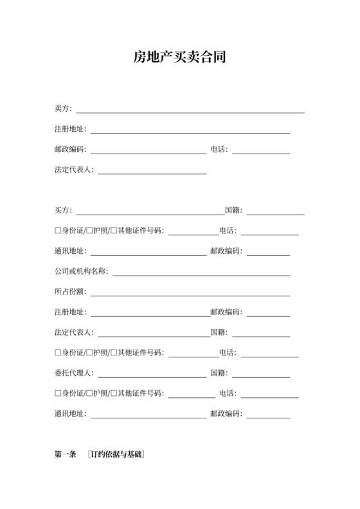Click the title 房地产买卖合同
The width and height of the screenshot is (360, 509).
(x=179, y=58)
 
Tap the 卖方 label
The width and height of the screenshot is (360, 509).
(x=63, y=109)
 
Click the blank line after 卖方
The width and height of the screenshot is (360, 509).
(x=190, y=112)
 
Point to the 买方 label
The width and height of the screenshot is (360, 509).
(x=63, y=210)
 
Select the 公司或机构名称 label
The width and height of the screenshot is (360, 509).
(x=81, y=271)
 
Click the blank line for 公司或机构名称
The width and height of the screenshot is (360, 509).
(x=201, y=275)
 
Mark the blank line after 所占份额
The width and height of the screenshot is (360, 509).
(x=190, y=296)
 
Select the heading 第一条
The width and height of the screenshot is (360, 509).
(x=67, y=455)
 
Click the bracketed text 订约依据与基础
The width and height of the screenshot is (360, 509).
(x=116, y=455)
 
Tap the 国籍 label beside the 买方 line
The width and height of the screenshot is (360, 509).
(x=233, y=210)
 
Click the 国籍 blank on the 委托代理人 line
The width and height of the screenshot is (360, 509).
(x=261, y=377)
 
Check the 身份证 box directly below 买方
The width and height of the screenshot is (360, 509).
(x=59, y=231)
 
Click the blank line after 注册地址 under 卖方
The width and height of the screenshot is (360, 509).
(x=190, y=132)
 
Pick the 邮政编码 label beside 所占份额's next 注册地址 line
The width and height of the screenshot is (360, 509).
(x=226, y=312)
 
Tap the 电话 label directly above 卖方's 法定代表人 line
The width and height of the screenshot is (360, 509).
(x=219, y=150)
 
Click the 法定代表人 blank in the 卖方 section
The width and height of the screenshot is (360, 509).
(x=152, y=174)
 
